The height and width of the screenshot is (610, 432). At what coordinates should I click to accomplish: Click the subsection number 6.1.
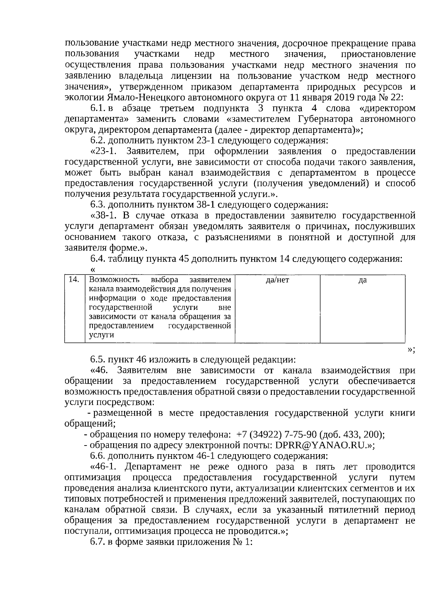point(97,108)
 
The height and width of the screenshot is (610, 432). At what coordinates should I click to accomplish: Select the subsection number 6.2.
point(98,140)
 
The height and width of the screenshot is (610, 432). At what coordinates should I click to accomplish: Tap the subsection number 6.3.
point(98,205)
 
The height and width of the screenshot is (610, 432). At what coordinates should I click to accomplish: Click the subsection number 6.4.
point(98,258)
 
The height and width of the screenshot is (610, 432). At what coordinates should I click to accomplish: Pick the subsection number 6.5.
point(98,360)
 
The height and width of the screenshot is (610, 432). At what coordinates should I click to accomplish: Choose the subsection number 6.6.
point(98,456)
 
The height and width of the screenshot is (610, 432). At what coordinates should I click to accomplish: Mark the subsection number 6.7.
point(98,542)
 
